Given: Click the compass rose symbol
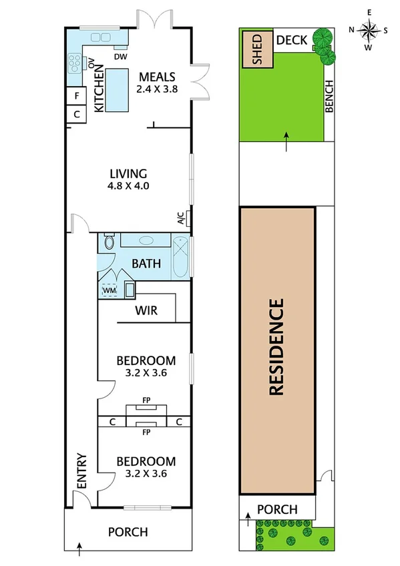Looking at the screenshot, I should (368, 29).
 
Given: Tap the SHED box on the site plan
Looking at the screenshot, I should (258, 49).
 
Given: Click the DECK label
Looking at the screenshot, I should (292, 41).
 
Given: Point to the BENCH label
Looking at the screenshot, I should (329, 97).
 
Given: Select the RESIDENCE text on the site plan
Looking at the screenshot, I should (277, 348).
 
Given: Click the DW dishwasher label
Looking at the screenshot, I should (120, 57).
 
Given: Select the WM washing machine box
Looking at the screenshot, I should (108, 290).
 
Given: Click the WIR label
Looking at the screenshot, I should (146, 310).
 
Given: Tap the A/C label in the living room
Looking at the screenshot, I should (181, 217).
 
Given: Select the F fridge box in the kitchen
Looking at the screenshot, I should (77, 96).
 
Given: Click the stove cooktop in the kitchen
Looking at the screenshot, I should (73, 64).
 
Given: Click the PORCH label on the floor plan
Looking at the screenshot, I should (128, 532).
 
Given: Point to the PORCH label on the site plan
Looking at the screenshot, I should (277, 509).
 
